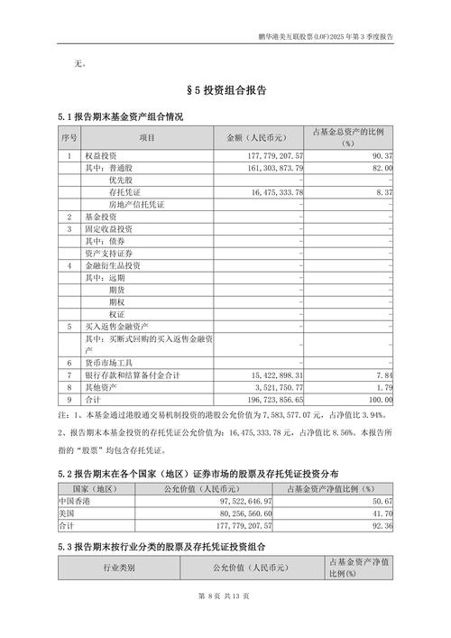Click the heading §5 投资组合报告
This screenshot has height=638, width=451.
coord(225,91)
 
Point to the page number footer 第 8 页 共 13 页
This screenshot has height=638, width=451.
coord(225,622)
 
